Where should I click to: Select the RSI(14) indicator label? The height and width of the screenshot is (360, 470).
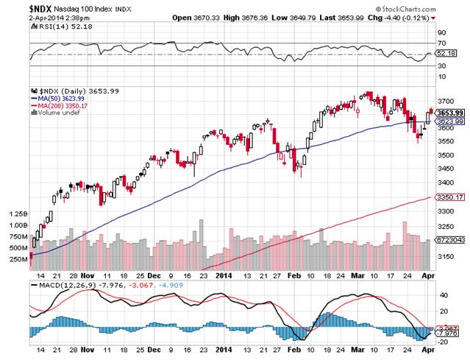tap(46, 25)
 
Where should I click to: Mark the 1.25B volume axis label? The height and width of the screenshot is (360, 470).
tap(19, 213)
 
